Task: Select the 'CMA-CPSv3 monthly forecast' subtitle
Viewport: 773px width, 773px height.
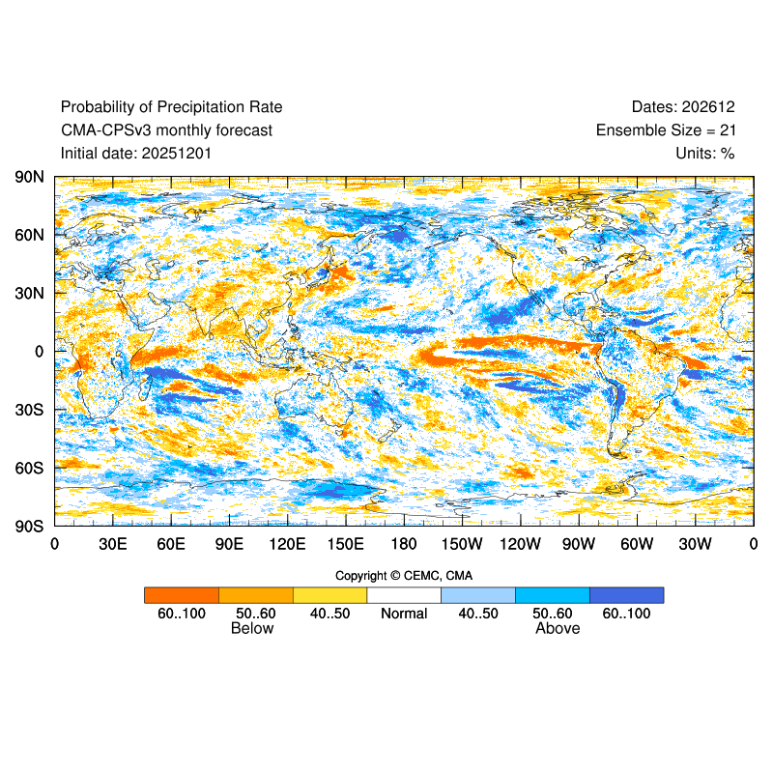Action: pos(166,129)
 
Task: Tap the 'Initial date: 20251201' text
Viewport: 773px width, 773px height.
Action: pos(136,153)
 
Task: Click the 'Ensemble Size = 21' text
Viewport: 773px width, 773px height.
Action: pos(665,129)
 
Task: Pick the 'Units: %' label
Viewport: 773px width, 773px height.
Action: pos(705,153)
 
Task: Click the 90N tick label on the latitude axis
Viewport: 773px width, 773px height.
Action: pos(28,177)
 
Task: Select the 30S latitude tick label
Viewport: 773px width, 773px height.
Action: pos(28,410)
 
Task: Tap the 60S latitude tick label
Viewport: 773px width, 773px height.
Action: pos(28,468)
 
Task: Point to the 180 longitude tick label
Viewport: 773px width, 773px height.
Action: pos(404,544)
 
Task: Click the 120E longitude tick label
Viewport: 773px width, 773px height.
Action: pos(287,544)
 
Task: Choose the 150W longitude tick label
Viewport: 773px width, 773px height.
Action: pos(462,544)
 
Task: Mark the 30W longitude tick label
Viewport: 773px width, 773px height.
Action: pos(695,544)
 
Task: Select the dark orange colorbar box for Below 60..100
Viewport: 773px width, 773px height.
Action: pos(182,595)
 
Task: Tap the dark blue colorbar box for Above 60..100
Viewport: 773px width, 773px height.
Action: pos(626,595)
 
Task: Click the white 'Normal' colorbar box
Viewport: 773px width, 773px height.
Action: pos(404,595)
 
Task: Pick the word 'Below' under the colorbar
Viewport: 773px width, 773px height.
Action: pos(252,628)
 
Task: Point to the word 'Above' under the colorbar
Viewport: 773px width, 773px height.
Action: pos(558,628)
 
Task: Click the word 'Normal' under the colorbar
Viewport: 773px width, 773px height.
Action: pos(404,614)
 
